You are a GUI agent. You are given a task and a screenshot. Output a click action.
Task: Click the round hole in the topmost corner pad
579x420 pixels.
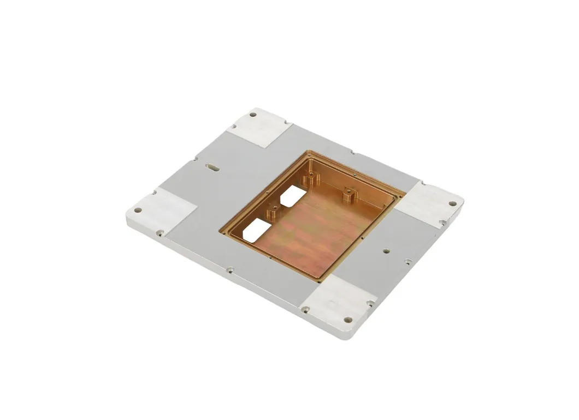[253, 115]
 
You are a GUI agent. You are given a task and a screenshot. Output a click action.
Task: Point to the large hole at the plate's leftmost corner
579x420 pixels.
[138, 209]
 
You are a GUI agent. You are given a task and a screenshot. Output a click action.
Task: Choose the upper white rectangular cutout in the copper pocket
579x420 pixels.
[293, 195]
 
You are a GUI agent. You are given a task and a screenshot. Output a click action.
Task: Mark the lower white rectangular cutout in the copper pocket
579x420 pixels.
[257, 230]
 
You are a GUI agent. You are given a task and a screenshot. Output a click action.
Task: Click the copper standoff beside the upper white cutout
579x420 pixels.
[311, 178]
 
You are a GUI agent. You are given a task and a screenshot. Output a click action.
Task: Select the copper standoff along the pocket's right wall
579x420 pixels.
[347, 194]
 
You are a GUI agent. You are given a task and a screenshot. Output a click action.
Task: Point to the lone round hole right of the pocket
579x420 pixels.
[386, 251]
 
